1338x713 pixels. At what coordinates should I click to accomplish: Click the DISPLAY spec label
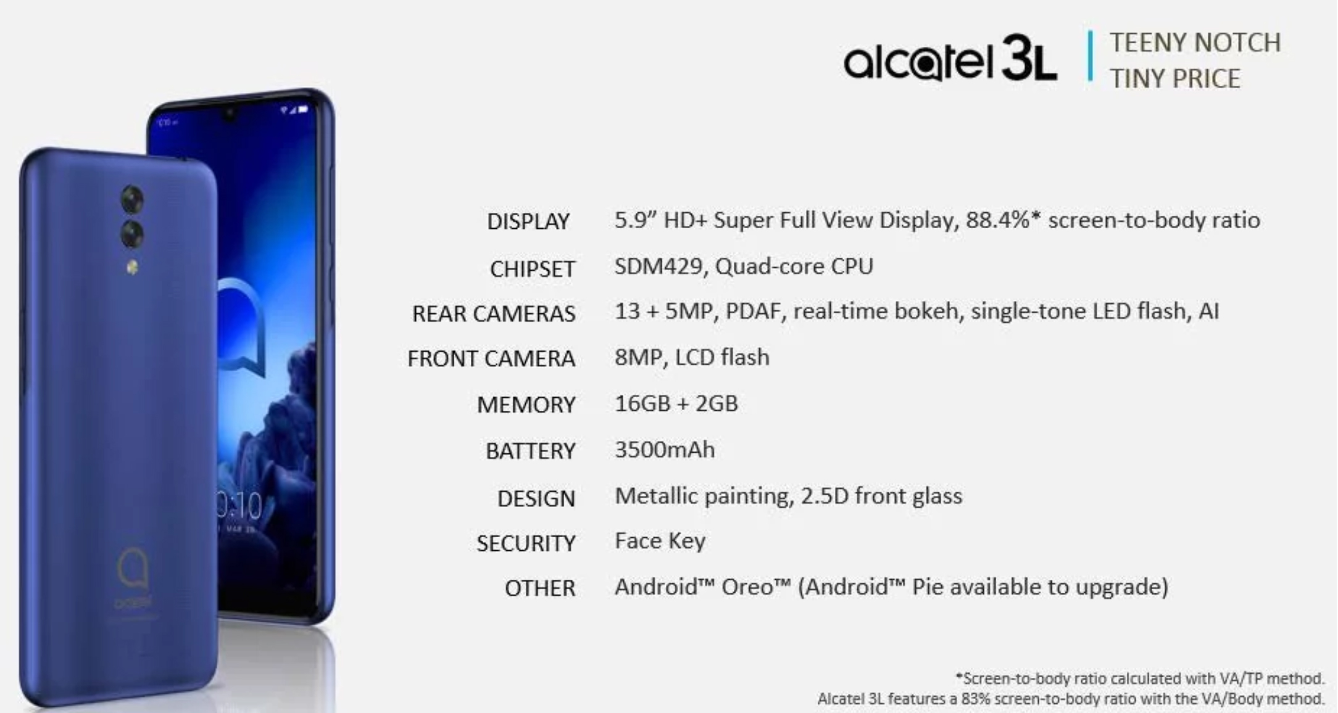click(528, 221)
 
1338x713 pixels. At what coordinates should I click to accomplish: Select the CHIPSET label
click(532, 269)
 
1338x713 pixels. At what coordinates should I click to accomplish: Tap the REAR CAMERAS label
click(494, 314)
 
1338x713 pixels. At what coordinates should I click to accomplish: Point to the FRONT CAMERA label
click(491, 358)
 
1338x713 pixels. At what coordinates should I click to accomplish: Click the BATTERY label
click(530, 451)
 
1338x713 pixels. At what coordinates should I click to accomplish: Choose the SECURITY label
click(526, 543)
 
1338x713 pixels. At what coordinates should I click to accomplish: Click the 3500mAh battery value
click(665, 450)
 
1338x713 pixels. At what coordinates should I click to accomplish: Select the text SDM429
click(659, 266)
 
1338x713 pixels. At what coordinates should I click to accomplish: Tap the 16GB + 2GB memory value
click(676, 403)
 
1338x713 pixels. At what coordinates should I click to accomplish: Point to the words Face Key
click(660, 541)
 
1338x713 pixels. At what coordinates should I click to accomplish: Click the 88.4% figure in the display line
click(1003, 220)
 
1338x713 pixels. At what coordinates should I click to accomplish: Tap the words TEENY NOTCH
click(1195, 43)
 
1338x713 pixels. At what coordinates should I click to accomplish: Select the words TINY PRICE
click(1175, 79)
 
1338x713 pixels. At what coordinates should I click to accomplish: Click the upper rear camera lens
click(132, 199)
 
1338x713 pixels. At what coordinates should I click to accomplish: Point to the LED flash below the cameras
click(131, 267)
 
